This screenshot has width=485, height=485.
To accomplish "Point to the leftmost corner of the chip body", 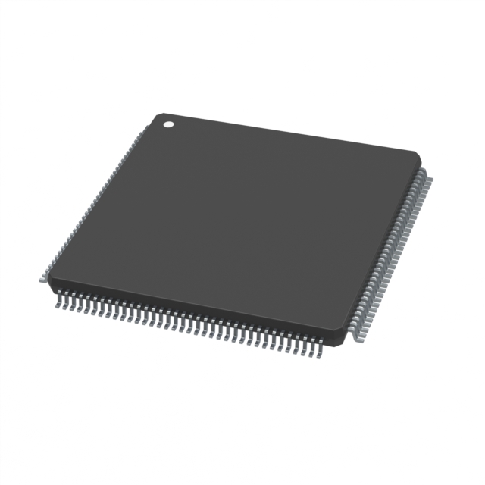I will point(49,283).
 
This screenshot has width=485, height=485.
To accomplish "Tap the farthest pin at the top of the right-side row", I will point(427,179).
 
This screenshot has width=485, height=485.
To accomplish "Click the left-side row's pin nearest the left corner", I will point(42,280).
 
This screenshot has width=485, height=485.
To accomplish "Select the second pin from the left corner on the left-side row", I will point(46,274).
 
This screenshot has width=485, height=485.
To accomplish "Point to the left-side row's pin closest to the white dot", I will point(145,129).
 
